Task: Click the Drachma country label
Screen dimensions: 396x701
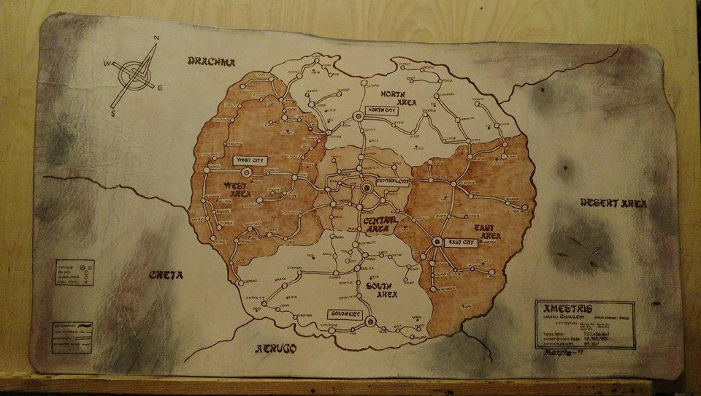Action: (x=211, y=62)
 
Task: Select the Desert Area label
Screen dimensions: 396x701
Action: (x=613, y=203)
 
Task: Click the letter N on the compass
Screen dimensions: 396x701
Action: (x=155, y=38)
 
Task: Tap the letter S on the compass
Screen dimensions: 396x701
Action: (x=113, y=113)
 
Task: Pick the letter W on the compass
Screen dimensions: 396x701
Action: (x=107, y=64)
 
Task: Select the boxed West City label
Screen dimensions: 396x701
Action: (x=248, y=159)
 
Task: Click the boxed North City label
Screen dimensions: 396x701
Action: (x=385, y=110)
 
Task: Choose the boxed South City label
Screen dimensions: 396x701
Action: (x=345, y=314)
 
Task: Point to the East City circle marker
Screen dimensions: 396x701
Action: (x=437, y=242)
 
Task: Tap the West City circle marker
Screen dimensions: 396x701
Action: (x=246, y=172)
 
